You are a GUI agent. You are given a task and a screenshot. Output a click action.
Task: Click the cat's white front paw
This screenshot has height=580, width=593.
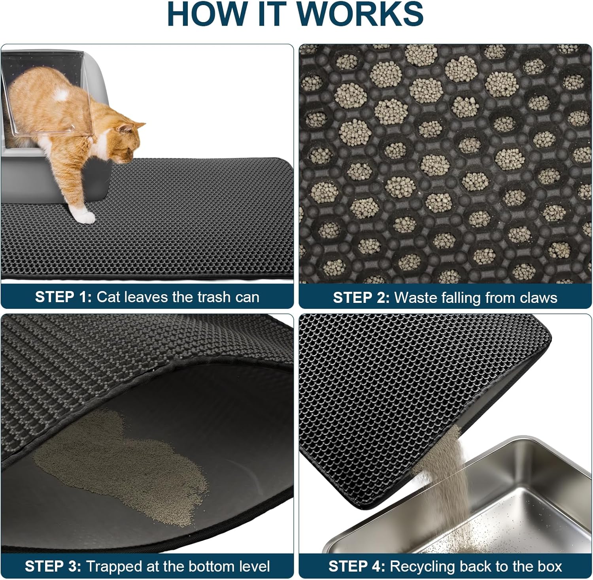point(86,216)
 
